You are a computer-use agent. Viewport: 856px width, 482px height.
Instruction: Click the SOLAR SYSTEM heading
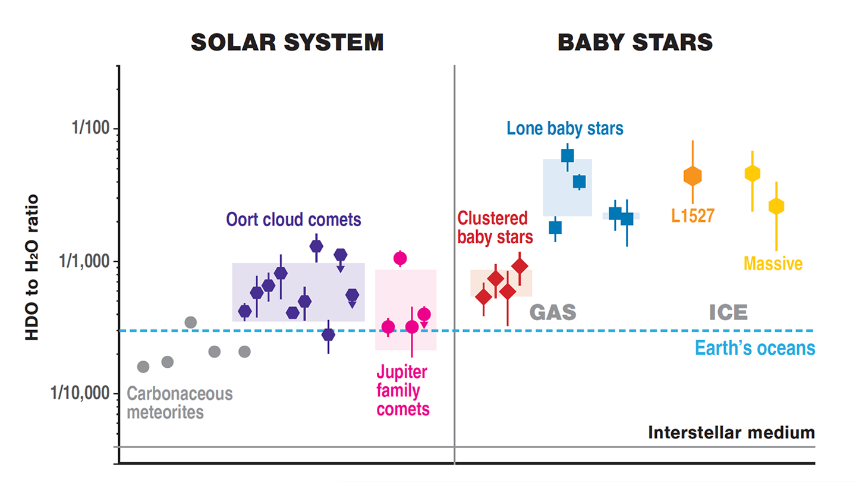click(287, 43)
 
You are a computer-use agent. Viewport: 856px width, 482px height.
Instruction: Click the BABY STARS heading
click(635, 43)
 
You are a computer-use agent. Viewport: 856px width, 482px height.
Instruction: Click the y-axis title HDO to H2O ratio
click(32, 267)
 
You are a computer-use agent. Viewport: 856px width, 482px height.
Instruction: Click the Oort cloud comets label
click(294, 220)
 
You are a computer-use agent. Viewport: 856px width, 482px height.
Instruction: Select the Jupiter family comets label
click(402, 390)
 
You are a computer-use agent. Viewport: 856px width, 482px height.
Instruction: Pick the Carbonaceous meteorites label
click(180, 403)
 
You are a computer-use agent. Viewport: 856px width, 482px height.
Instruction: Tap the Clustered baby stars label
click(495, 227)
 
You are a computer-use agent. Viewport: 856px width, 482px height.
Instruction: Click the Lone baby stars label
click(565, 128)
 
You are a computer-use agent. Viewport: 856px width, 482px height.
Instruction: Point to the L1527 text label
click(693, 215)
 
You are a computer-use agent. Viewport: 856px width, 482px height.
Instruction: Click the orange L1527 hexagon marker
click(693, 176)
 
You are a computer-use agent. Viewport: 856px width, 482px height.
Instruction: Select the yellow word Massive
click(773, 263)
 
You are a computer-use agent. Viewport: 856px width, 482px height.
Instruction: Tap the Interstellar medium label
click(731, 432)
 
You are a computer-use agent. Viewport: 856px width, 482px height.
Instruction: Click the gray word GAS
click(553, 312)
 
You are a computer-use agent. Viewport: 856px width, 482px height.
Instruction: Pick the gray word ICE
click(728, 312)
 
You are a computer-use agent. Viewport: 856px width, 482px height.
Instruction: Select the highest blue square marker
click(567, 156)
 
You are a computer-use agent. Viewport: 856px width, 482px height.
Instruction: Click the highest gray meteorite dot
click(190, 323)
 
